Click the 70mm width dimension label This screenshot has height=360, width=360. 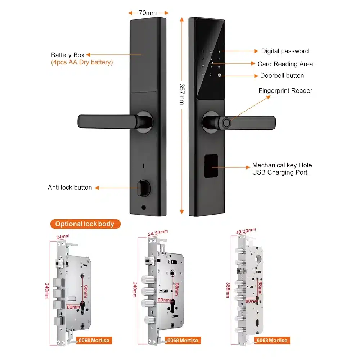148,13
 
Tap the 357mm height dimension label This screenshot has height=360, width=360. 182,94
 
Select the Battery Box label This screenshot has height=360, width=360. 68,55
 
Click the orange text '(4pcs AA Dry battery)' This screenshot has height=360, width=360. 82,62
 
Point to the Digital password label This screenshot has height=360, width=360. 285,51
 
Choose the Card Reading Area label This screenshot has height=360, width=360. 285,64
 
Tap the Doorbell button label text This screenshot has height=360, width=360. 282,76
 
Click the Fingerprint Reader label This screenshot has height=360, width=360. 285,91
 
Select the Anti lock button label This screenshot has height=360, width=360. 70,188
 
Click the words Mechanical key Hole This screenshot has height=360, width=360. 282,165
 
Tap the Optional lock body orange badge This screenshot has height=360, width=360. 85,224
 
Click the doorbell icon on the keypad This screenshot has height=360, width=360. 219,75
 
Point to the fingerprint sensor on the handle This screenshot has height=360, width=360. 226,123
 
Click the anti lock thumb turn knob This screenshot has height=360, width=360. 144,188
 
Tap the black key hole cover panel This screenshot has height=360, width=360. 211,166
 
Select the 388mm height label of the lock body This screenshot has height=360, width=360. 228,290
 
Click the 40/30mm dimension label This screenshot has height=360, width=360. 246,231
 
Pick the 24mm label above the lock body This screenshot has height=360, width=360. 63,237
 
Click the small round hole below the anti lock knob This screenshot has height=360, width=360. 144,208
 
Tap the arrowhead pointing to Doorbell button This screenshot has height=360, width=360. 256,76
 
